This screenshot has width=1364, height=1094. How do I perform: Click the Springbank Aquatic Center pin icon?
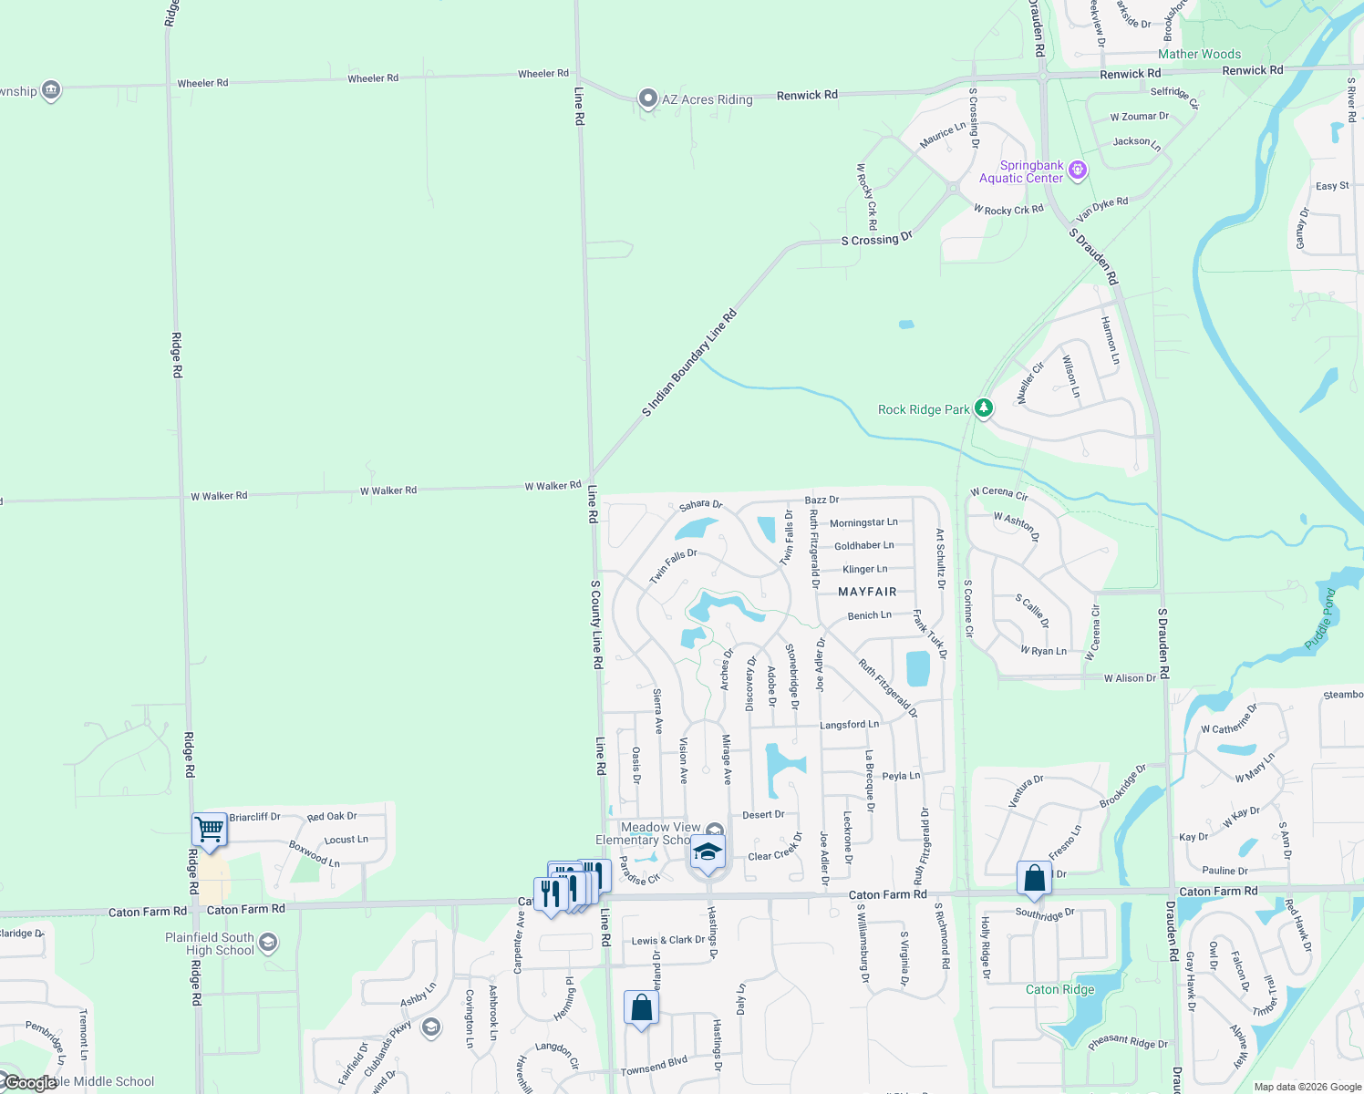click(1078, 170)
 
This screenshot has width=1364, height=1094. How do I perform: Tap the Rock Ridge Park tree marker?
click(983, 408)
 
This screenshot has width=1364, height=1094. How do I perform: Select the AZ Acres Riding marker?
click(648, 98)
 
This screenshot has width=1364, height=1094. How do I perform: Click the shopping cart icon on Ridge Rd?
click(210, 831)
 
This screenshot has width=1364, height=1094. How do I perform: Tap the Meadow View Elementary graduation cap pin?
click(708, 852)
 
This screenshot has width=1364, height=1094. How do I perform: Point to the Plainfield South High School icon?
click(267, 943)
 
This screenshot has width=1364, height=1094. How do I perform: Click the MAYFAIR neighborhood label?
click(867, 592)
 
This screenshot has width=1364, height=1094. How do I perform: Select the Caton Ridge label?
click(1059, 989)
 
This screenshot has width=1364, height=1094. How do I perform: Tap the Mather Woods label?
click(1199, 54)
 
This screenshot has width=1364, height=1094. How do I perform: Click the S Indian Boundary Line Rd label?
click(688, 364)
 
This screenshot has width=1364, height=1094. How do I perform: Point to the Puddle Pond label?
click(1320, 619)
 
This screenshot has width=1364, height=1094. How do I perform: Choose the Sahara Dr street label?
click(700, 504)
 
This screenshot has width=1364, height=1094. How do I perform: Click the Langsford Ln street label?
click(849, 725)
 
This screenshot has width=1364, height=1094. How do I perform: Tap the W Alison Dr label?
click(1130, 678)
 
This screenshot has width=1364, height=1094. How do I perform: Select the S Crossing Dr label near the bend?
click(876, 240)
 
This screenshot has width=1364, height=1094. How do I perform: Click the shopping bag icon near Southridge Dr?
click(1034, 878)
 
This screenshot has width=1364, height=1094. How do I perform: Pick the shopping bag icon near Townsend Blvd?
click(641, 1007)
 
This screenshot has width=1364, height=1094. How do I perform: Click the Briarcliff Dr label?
click(254, 817)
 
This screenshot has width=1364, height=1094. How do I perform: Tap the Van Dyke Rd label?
click(1101, 210)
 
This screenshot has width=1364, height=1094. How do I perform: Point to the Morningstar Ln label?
click(863, 522)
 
